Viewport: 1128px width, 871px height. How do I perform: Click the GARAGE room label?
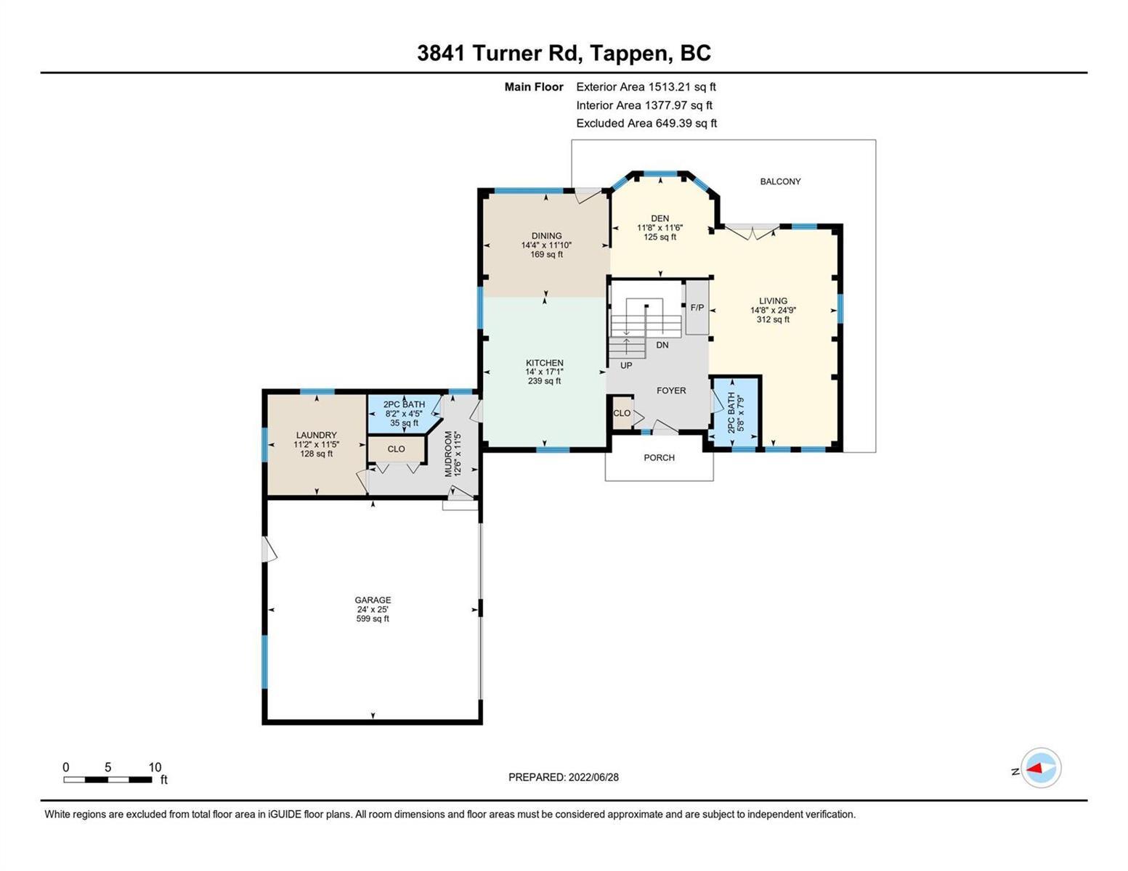point(373,600)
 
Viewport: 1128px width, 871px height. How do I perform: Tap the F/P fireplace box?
point(697,308)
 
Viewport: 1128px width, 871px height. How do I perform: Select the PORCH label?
point(660,457)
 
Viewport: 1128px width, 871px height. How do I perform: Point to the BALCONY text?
point(780,181)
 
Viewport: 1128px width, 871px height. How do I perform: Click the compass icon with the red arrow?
point(1041,768)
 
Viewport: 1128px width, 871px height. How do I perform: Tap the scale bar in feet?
point(108,779)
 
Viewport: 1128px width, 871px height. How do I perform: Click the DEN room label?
point(660,218)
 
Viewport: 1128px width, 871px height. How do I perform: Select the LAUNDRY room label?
point(316,435)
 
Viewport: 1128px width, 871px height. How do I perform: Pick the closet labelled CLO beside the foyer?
point(622,413)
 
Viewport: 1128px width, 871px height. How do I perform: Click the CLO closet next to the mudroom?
point(396,449)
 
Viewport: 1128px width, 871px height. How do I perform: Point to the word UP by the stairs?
point(626,366)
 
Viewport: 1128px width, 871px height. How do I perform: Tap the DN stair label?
point(662,345)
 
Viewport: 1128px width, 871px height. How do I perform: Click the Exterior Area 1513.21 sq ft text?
point(646,86)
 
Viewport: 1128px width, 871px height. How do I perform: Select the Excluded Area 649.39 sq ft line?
point(646,123)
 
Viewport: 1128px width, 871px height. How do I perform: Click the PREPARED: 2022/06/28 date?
point(563,777)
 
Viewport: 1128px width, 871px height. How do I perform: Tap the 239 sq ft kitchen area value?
point(545,381)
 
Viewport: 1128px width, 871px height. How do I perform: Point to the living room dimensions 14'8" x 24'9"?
point(773,310)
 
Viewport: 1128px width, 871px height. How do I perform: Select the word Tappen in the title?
point(627,54)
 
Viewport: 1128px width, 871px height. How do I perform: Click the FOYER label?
point(671,390)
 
